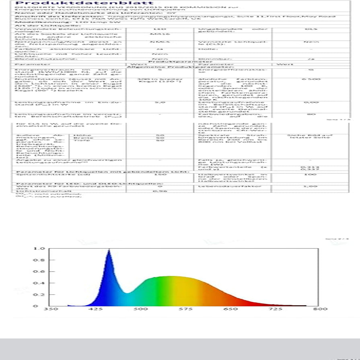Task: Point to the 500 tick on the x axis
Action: (x=140, y=309)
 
